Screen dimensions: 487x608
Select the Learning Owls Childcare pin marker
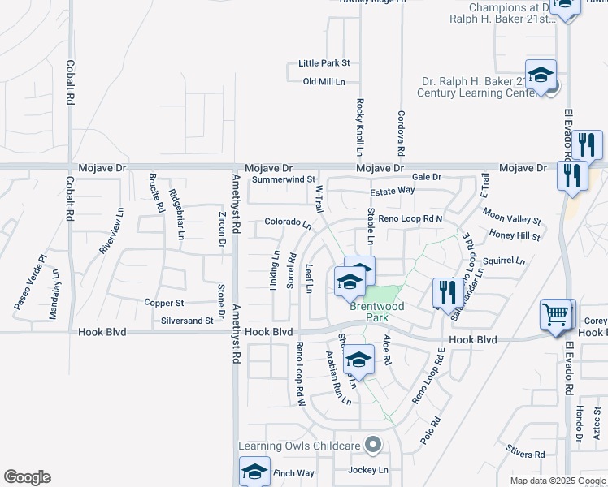373,444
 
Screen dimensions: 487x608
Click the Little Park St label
324,62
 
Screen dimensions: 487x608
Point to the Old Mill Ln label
324,82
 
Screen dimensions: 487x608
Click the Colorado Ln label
288,222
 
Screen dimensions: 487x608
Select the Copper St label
164,303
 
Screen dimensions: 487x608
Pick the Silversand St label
187,321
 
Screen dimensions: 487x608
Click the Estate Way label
393,190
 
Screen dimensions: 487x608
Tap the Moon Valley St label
511,216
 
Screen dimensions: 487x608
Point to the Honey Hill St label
515,235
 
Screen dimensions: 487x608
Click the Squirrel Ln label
504,261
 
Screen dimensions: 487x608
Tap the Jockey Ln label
368,470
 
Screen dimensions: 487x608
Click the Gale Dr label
426,177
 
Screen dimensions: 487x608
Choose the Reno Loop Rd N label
410,219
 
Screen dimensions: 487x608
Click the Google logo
27,477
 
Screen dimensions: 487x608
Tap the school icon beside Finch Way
254,472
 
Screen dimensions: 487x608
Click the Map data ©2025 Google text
557,481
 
